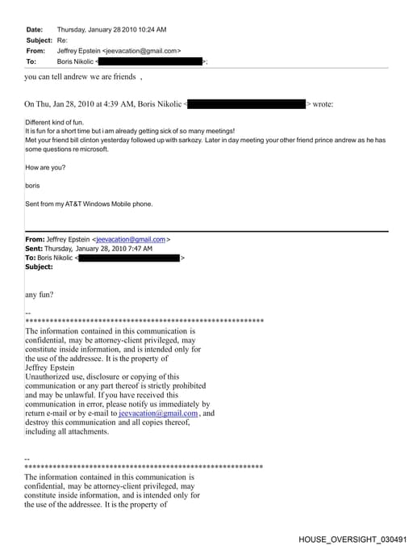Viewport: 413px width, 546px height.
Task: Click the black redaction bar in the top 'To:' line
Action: coord(150,61)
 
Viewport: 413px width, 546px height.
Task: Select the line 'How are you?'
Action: coord(45,167)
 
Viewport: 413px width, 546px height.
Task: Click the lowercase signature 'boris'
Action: coord(32,186)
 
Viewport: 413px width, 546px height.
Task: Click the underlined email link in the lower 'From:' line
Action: coord(131,240)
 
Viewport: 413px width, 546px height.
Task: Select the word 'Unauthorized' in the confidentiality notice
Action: coord(51,376)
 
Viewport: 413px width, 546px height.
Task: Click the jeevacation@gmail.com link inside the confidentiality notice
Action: coord(158,414)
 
